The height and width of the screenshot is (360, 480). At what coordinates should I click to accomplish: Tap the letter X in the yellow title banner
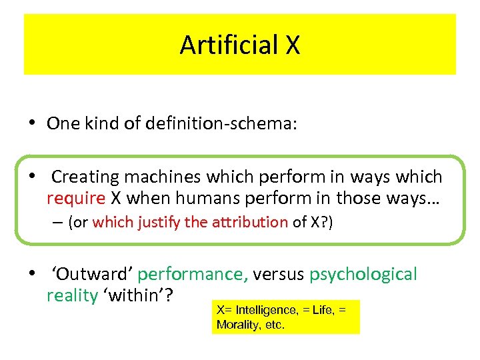(x=293, y=45)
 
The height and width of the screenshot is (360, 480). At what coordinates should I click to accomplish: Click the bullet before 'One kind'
(x=31, y=124)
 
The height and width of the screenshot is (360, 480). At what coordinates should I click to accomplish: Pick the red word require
(x=76, y=198)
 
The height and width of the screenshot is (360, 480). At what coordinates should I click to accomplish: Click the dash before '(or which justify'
(x=59, y=223)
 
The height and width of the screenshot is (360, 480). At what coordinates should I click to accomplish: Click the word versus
(x=279, y=274)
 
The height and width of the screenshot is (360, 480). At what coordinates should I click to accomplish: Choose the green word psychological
(x=363, y=274)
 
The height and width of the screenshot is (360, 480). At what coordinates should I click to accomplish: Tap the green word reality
(x=71, y=295)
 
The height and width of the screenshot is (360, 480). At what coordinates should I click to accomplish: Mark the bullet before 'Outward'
(x=31, y=274)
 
